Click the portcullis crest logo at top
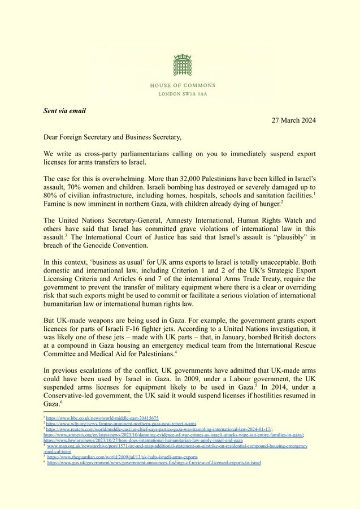[183, 66]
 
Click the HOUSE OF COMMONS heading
[183, 85]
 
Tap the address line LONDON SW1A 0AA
[183, 93]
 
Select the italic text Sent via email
[64, 111]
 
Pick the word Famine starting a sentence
[55, 203]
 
